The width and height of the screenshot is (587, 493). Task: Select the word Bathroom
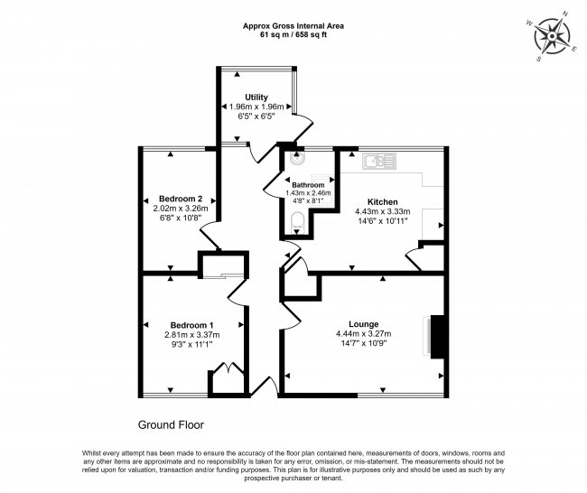click(x=308, y=184)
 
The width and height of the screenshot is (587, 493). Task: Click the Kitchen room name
click(x=384, y=201)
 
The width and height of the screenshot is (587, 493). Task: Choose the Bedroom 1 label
click(x=191, y=325)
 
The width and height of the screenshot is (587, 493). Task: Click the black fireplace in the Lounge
click(x=437, y=336)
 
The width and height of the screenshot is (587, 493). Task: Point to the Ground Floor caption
click(x=176, y=423)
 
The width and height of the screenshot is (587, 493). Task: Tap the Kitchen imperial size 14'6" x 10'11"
click(x=384, y=221)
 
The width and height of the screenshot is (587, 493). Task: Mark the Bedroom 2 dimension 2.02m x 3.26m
click(x=180, y=209)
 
